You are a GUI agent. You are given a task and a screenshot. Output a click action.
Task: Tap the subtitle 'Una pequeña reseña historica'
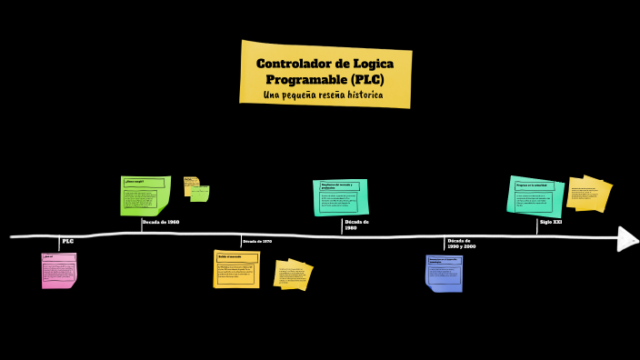coord(323,95)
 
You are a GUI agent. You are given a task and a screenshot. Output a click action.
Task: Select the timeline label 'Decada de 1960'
coord(161,222)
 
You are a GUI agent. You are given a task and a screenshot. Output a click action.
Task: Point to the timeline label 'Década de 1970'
coord(257,241)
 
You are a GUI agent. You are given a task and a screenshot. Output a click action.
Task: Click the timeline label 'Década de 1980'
coord(356,225)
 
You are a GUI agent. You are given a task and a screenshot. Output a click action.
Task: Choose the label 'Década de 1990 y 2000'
coord(462,244)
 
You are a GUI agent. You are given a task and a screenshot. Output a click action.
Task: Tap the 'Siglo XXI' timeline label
coord(551,222)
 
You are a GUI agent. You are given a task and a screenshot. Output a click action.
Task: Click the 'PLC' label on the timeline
coord(68,241)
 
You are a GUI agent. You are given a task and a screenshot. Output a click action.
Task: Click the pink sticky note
coord(58,270)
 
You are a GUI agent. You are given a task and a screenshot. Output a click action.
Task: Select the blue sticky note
coord(445,273)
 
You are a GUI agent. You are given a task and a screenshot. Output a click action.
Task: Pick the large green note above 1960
coord(145,195)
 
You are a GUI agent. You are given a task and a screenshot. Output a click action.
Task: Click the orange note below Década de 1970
coord(236,269)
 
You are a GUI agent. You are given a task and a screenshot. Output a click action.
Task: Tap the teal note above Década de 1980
coord(342,196)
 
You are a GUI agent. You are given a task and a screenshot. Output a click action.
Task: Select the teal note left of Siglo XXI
coord(535,195)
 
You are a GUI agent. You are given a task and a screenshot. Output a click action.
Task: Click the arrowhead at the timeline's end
coord(627,238)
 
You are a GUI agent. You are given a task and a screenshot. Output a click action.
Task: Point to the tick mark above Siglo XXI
coord(536,225)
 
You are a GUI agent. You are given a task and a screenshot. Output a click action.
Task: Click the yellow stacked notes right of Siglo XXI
coord(588,193)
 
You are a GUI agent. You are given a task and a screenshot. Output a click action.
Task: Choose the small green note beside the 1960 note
coord(199,193)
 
